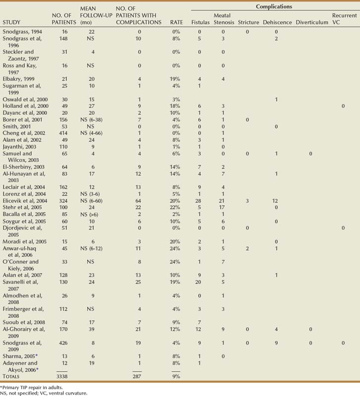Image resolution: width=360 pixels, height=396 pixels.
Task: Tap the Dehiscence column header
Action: [x=276, y=22]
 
